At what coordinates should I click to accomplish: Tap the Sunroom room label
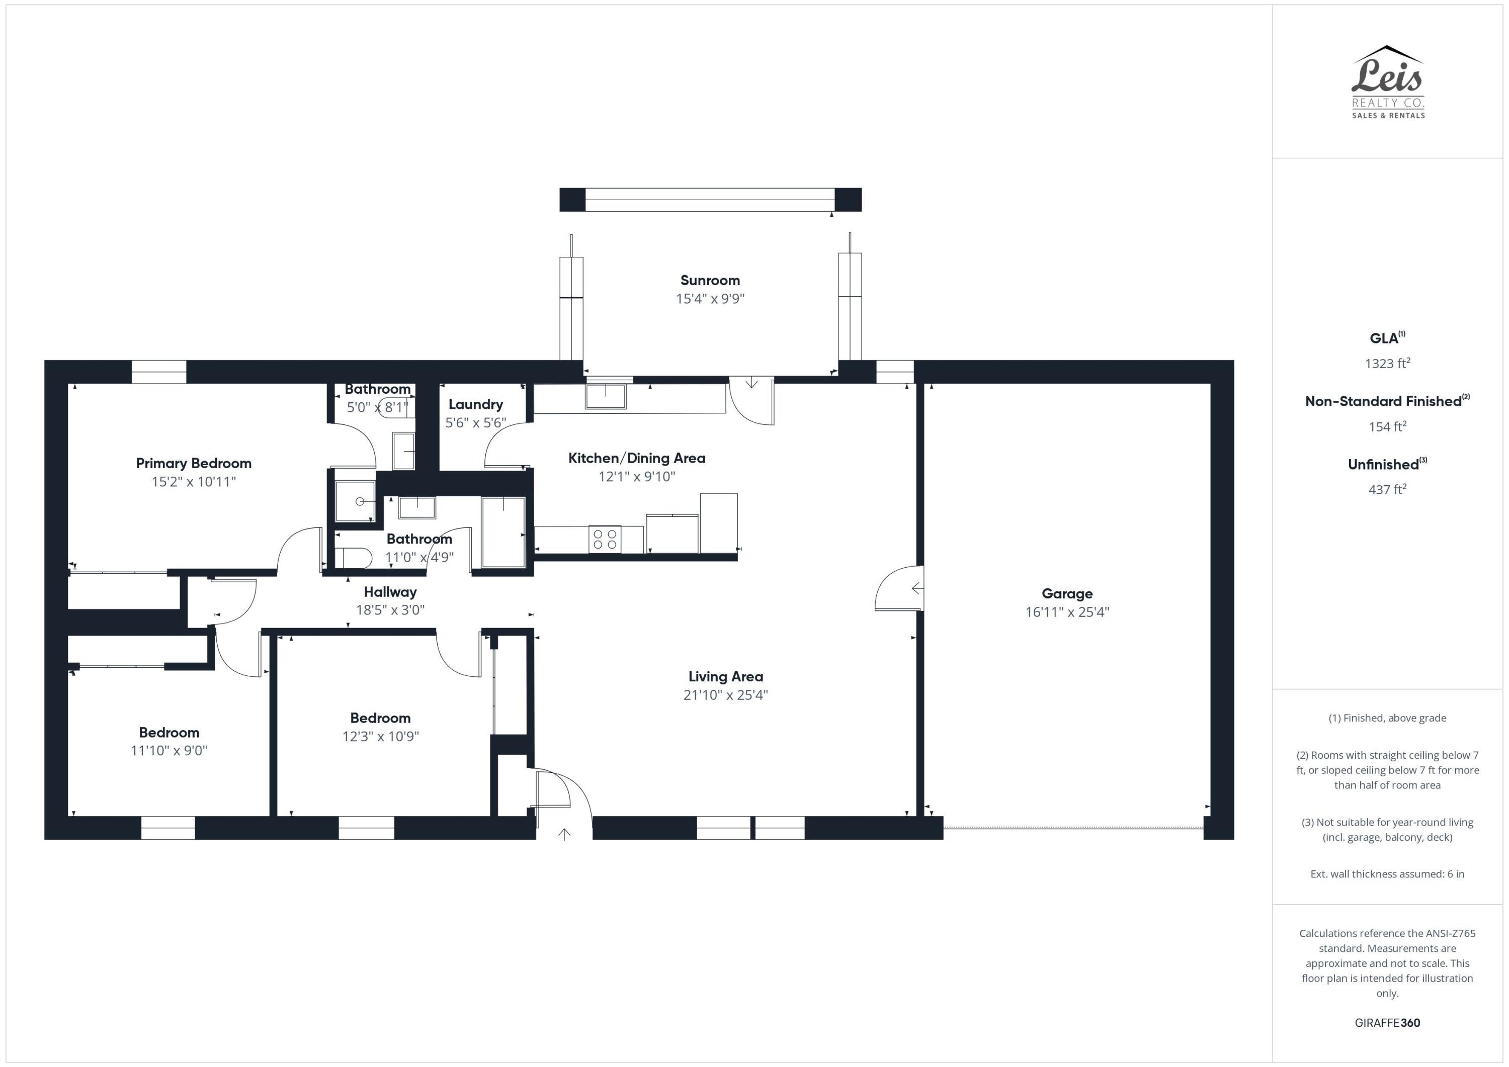tap(710, 281)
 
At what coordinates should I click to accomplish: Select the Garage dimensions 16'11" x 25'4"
tap(1067, 611)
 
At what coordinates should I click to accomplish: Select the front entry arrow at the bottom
tap(564, 834)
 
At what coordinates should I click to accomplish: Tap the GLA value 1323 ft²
tap(1387, 364)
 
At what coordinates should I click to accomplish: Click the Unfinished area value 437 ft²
tap(1387, 489)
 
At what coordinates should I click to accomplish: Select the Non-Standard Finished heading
tap(1387, 401)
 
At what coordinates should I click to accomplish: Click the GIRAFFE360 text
tap(1387, 1022)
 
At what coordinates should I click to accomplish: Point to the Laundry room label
tap(475, 405)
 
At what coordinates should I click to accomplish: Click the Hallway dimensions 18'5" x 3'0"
tap(390, 610)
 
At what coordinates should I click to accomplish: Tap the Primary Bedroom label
tap(193, 463)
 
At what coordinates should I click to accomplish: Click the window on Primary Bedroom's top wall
tap(158, 372)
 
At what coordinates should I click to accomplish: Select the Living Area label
tap(726, 677)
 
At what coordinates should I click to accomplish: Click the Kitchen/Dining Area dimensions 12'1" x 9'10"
tap(636, 476)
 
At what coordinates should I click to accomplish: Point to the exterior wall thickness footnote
tap(1387, 874)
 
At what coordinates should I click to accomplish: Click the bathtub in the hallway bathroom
tap(504, 532)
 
